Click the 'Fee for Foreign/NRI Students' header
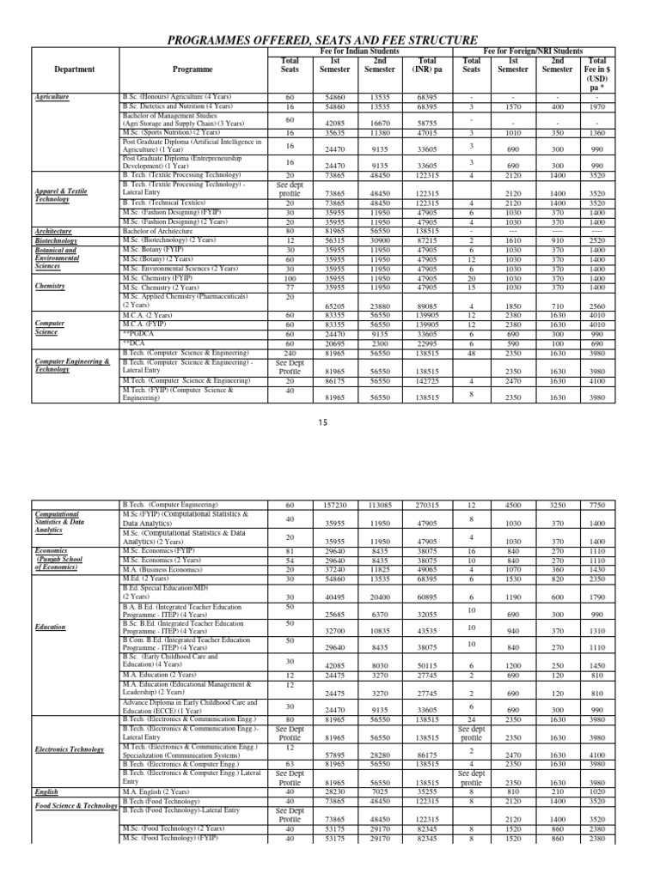(545, 52)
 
